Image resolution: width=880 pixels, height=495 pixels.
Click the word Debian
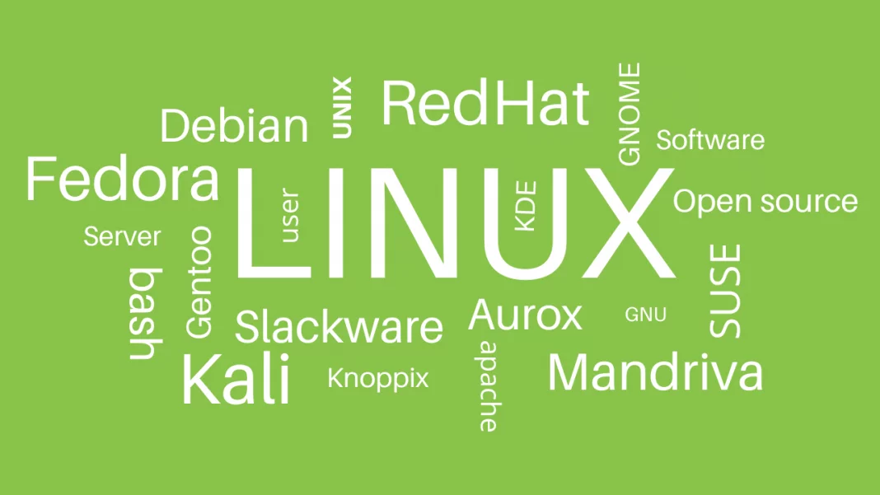point(235,125)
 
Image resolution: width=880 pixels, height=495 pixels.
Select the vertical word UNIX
point(342,107)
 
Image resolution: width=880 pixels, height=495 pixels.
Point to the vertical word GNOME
point(630,114)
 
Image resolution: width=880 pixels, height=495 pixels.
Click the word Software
point(710,140)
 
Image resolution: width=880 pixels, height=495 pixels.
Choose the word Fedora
point(122,179)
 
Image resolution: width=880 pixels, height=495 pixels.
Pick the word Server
point(122,236)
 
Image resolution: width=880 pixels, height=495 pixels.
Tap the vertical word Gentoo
point(199,283)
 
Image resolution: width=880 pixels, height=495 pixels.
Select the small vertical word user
point(289,215)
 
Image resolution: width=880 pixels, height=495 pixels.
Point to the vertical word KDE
point(526,205)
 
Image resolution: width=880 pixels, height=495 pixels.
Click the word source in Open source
point(804,202)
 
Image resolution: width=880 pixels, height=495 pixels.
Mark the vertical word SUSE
point(724,291)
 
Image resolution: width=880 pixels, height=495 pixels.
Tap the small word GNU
point(645,315)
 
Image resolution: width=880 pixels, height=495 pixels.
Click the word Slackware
point(339,327)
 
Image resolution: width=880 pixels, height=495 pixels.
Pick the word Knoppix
point(378,379)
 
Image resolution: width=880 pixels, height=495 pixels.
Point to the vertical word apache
point(488,386)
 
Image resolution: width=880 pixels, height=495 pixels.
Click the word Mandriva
point(656,372)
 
